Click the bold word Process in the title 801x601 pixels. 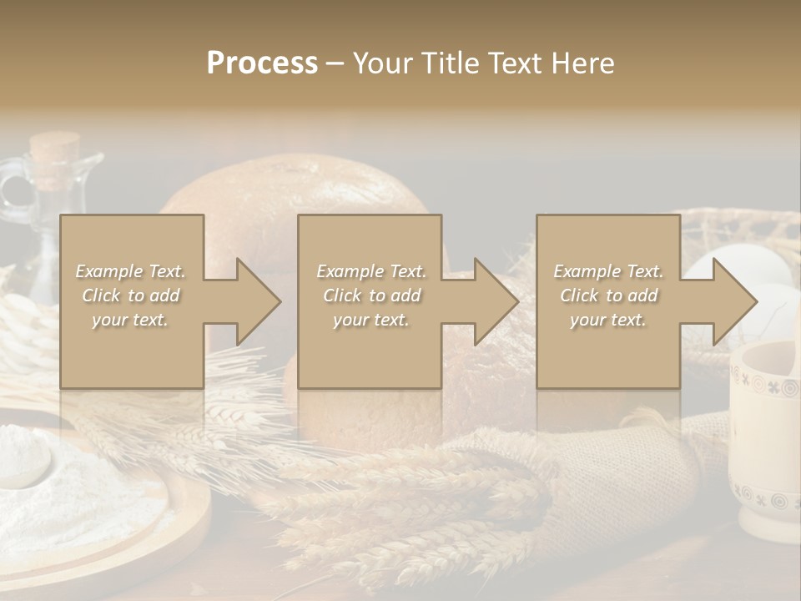point(262,63)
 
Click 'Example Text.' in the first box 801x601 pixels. point(131,271)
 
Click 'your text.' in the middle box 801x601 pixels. point(370,320)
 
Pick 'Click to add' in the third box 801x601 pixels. point(608,295)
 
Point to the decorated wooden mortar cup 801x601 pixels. point(763,442)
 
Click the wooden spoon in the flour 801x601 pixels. point(25,463)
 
